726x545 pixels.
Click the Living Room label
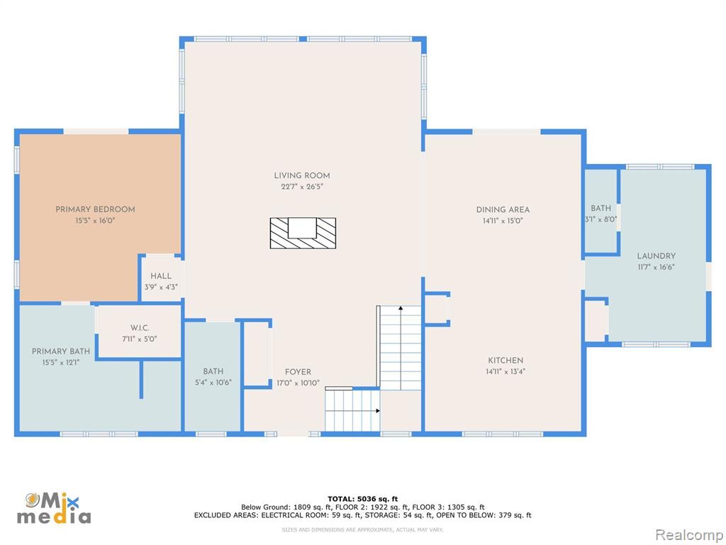pyautogui.click(x=302, y=176)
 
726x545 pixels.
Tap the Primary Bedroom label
pyautogui.click(x=96, y=209)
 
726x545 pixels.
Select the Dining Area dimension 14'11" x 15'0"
pyautogui.click(x=503, y=221)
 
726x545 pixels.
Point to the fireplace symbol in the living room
pyautogui.click(x=303, y=233)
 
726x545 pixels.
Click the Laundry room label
pyautogui.click(x=656, y=255)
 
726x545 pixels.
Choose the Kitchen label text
pyautogui.click(x=506, y=360)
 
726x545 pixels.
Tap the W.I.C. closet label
pyautogui.click(x=140, y=328)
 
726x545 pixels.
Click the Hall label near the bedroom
pyautogui.click(x=161, y=276)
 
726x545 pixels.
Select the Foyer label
pyautogui.click(x=298, y=372)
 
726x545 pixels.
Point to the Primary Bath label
pyautogui.click(x=61, y=352)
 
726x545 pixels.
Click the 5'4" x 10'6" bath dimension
pyautogui.click(x=213, y=382)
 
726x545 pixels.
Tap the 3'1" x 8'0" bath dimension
pyautogui.click(x=601, y=220)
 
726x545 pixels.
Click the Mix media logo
pyautogui.click(x=54, y=508)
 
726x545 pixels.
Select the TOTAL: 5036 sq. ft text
pyautogui.click(x=362, y=499)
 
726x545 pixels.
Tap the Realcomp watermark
pyautogui.click(x=688, y=535)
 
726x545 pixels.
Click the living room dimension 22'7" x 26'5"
pyautogui.click(x=302, y=187)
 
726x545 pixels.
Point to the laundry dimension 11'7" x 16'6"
pyautogui.click(x=656, y=268)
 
